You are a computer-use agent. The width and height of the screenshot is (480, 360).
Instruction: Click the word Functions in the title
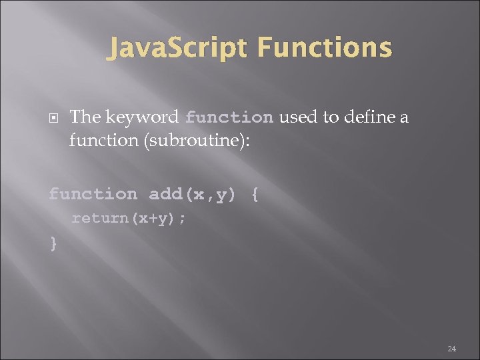coord(324,48)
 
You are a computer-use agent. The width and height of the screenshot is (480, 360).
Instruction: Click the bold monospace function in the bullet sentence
coord(229,118)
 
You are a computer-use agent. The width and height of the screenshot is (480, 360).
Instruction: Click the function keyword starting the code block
coord(93,195)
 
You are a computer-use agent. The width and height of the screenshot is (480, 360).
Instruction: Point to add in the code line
coord(165,195)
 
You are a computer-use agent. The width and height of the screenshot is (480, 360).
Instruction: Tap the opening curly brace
coord(255,195)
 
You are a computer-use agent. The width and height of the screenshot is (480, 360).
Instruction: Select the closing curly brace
coord(53,243)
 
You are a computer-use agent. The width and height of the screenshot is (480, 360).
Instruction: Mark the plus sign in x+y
coord(148,219)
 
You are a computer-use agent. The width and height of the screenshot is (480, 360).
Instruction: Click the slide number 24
coord(451,348)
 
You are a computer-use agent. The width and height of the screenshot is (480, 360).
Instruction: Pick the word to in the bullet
coord(330,118)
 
